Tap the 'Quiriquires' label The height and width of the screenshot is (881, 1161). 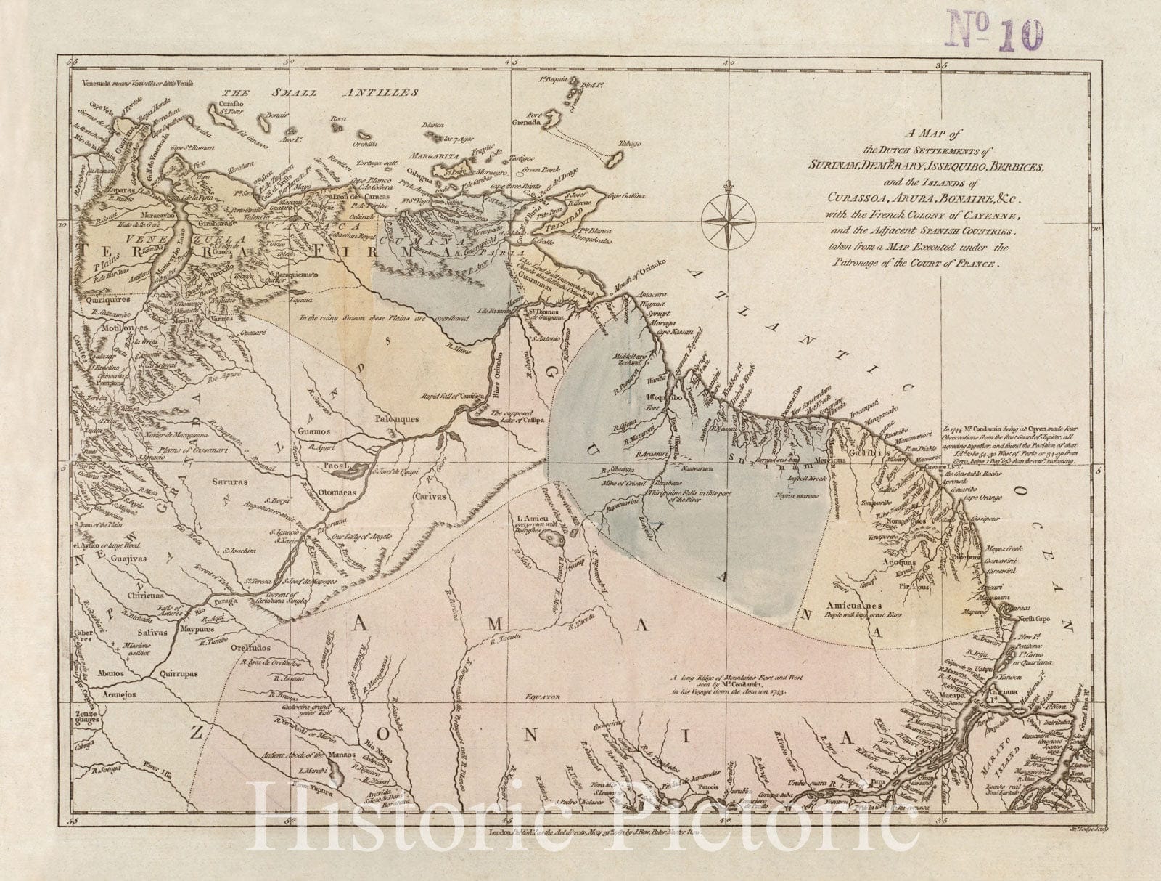pyautogui.click(x=107, y=297)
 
